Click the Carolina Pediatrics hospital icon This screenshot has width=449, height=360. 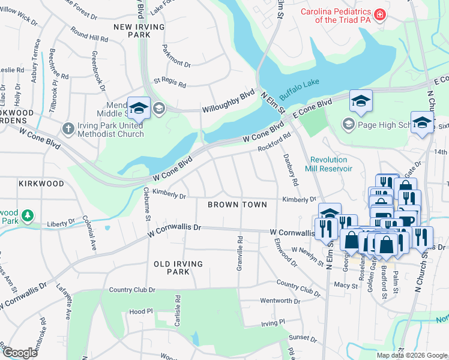(x=379, y=14)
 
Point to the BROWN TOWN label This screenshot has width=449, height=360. (x=237, y=205)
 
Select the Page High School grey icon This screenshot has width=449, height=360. (x=348, y=124)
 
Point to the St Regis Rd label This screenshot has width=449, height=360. (x=170, y=80)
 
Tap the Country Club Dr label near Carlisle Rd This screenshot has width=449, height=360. (x=132, y=290)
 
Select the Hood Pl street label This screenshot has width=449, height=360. (x=141, y=312)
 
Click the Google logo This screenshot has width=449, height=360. (x=20, y=353)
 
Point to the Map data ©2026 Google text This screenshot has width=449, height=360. (x=412, y=355)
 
